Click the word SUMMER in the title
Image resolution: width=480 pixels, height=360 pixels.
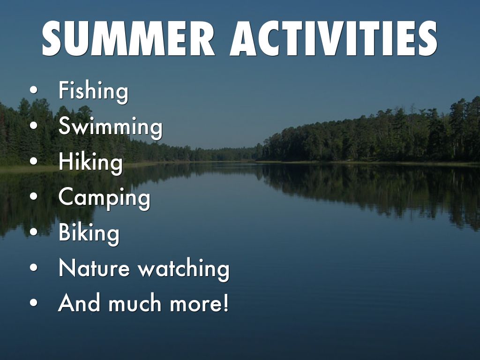point(128,38)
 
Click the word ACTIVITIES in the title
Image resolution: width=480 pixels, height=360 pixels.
point(334,38)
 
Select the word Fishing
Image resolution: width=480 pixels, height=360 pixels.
point(93,91)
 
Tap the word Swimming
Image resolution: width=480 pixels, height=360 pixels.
point(110,126)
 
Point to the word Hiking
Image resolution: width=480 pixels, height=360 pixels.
point(90,162)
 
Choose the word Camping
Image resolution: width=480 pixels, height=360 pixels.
point(105,197)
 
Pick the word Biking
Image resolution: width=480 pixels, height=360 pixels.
point(89,232)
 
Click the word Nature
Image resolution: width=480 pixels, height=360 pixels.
point(94,268)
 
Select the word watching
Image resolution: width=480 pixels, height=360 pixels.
point(184,269)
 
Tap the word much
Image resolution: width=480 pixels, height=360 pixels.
point(135,303)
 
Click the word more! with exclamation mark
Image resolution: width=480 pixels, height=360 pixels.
point(199,304)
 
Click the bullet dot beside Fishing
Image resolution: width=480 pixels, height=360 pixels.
point(34,90)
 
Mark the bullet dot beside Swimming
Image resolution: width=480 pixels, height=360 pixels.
point(34,126)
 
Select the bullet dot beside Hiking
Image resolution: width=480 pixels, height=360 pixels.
point(34,161)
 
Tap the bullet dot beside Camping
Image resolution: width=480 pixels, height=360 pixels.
point(34,197)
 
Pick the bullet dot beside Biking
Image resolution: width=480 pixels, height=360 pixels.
point(34,232)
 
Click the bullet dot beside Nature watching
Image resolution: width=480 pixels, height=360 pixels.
point(34,268)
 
